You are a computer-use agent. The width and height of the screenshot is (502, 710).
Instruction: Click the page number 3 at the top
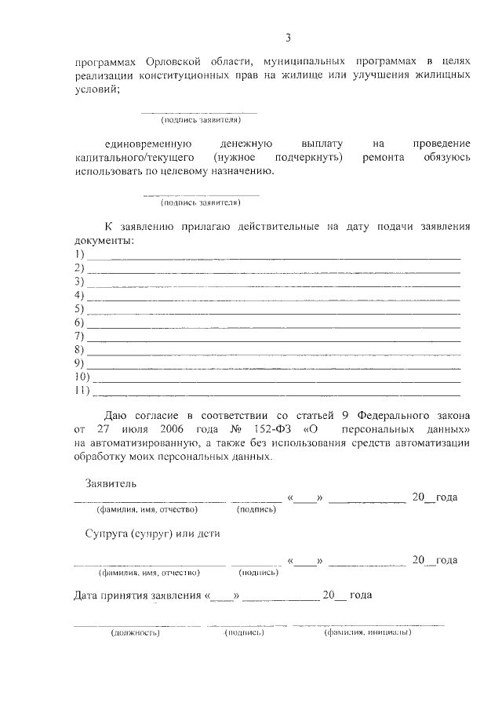click(288, 37)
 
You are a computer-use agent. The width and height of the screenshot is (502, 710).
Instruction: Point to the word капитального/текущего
click(129, 158)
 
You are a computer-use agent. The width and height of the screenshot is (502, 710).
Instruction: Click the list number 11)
click(82, 390)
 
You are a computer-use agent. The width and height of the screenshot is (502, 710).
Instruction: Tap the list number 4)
click(79, 294)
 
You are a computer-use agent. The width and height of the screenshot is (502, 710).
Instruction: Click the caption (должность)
click(135, 632)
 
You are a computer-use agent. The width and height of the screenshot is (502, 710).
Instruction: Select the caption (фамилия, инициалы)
click(368, 632)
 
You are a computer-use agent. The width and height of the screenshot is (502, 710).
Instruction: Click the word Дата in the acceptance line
click(89, 595)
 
